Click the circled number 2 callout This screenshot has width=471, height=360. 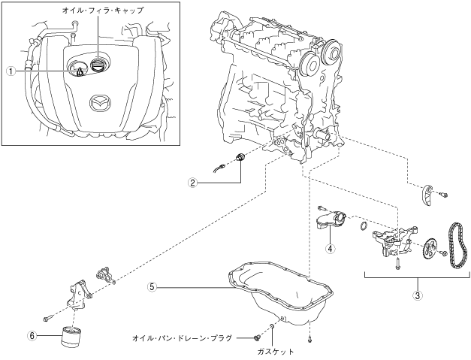click(193, 182)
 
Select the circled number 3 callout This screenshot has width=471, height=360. click(417, 295)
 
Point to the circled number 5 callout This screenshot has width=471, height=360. click(152, 286)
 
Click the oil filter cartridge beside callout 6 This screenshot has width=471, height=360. click(74, 335)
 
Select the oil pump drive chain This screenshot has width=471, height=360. click(456, 245)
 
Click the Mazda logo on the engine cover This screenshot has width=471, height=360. click(99, 101)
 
